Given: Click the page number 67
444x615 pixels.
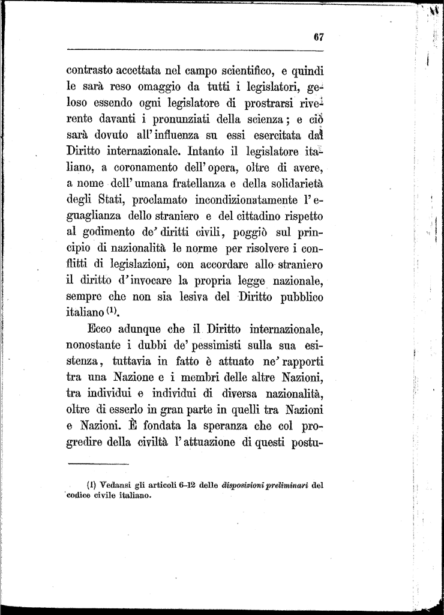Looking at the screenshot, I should pyautogui.click(x=319, y=37).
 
